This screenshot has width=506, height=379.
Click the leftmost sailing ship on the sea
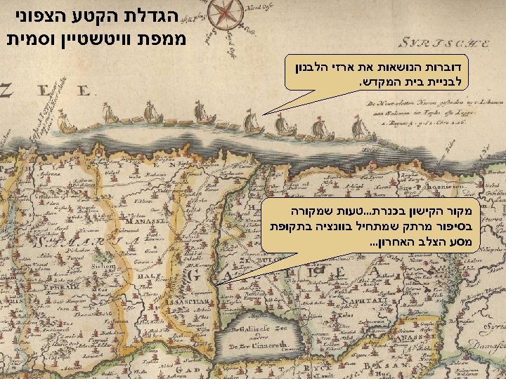point(67,124)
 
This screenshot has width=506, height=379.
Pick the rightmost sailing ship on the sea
point(359,128)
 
